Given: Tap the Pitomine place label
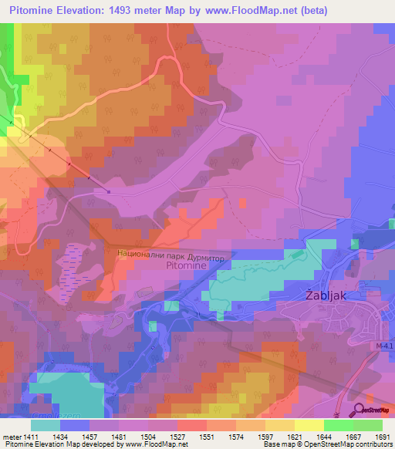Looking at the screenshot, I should click(x=186, y=265).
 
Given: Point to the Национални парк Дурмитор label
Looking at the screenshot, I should click(x=170, y=252).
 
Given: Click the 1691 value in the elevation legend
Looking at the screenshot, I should click(x=382, y=436).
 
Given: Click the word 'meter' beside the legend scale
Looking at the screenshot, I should click(x=12, y=436).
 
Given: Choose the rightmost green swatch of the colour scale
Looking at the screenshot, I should click(x=368, y=424).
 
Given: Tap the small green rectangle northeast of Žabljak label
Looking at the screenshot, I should click(x=295, y=254).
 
